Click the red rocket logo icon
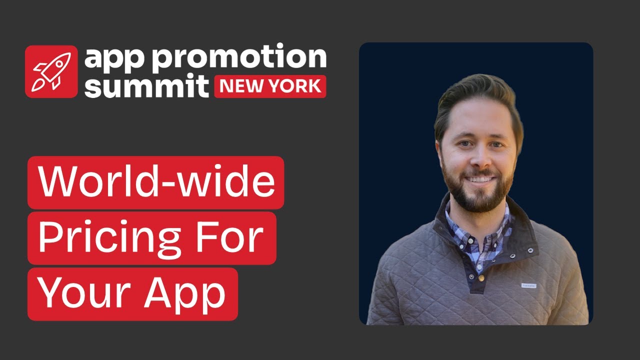[x=51, y=71]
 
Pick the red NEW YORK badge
[x=270, y=86]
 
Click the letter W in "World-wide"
[x=55, y=182]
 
